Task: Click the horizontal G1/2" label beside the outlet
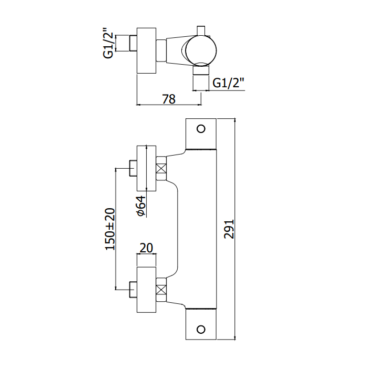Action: (229, 83)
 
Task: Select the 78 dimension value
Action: (168, 98)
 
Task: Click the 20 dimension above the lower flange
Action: (147, 248)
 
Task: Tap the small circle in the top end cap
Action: (200, 129)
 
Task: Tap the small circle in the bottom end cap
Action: (200, 330)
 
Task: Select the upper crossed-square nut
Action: (162, 169)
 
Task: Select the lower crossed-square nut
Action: (162, 289)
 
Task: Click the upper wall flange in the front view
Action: (147, 168)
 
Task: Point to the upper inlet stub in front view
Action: (133, 169)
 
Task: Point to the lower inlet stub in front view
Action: (133, 289)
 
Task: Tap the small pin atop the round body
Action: (200, 30)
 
